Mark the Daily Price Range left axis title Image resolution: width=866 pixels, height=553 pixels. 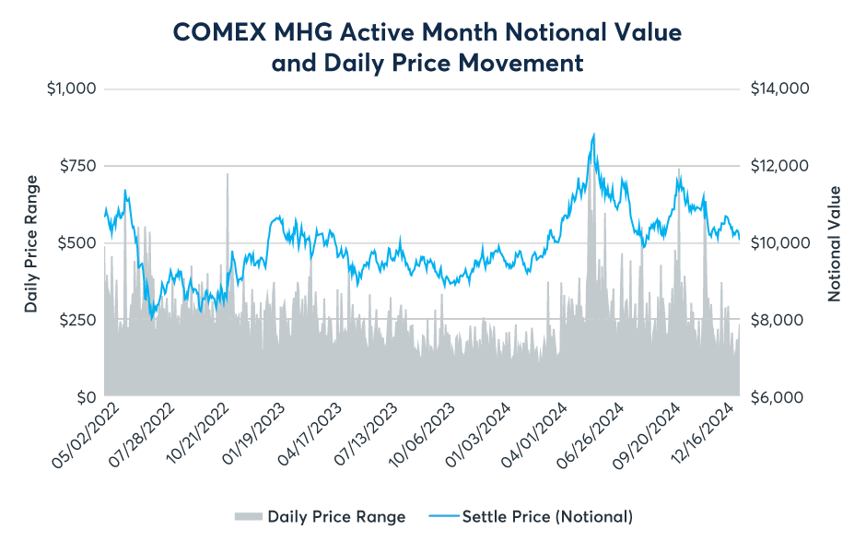click(31, 243)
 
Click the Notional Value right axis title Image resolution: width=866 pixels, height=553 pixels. click(835, 243)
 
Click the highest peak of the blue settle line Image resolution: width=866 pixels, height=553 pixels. click(594, 135)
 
